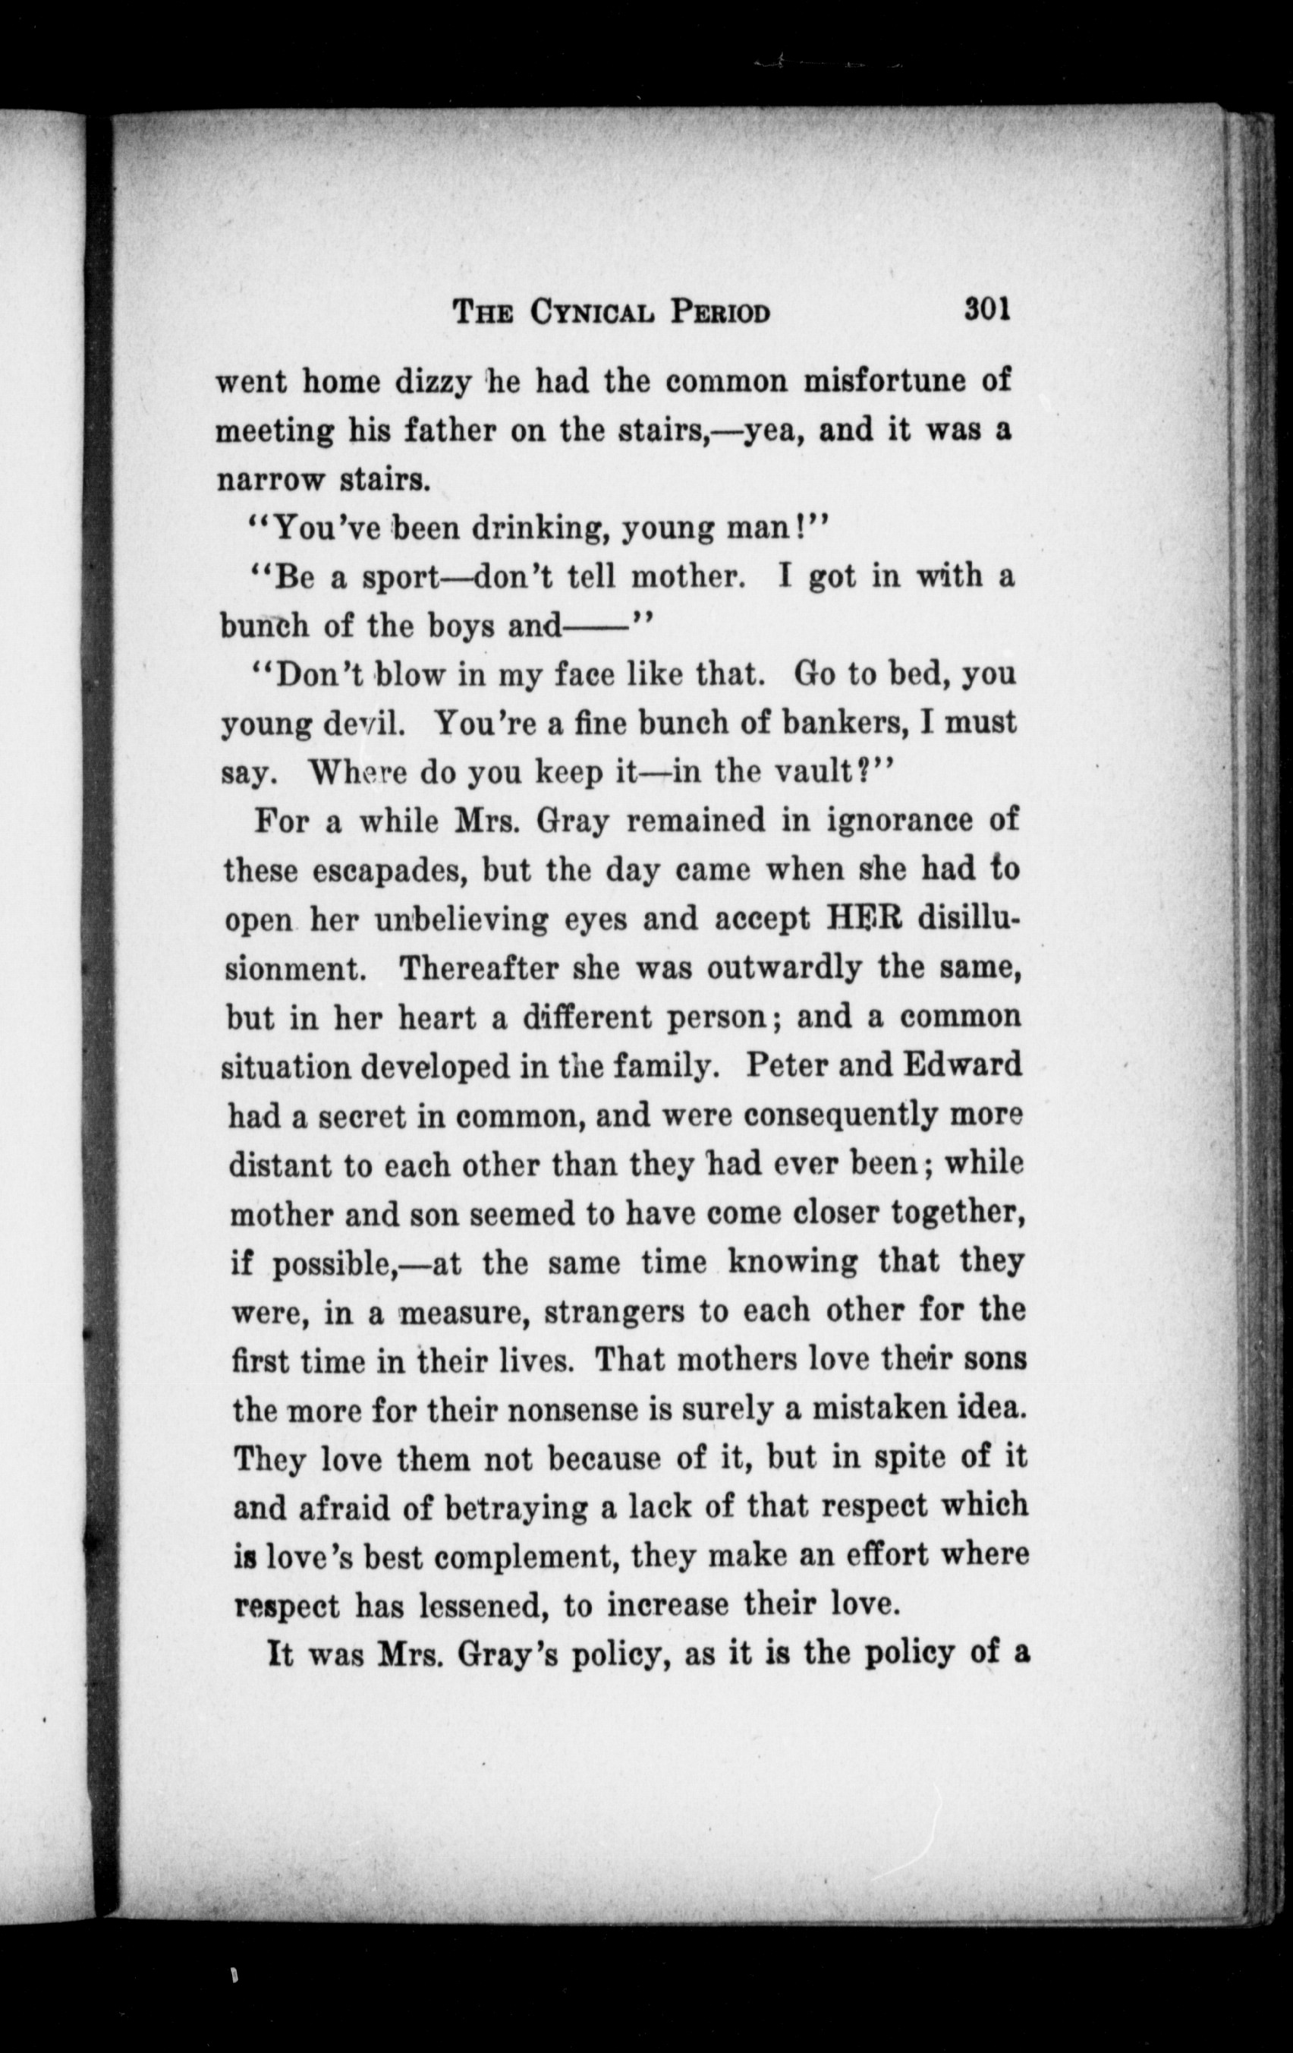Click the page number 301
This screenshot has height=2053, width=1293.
[987, 308]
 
